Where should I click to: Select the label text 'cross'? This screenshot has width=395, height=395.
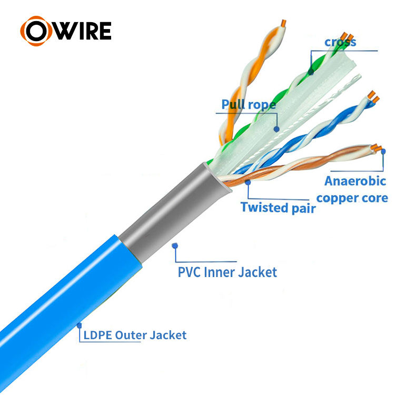340,42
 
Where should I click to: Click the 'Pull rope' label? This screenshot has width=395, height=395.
249,104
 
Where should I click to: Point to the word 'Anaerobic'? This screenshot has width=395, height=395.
355,181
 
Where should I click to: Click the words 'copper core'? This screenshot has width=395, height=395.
352,198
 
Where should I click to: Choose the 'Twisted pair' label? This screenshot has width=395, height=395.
278,208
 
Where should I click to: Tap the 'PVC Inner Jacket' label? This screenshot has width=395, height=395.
228,272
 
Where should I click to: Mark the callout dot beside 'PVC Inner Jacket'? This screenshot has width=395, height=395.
175,245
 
